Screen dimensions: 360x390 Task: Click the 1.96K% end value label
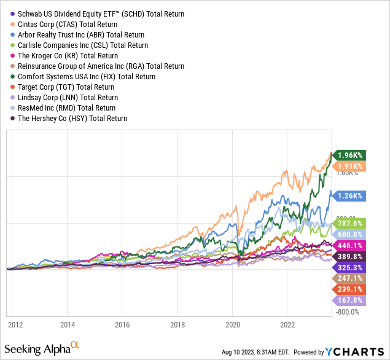tap(351, 155)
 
